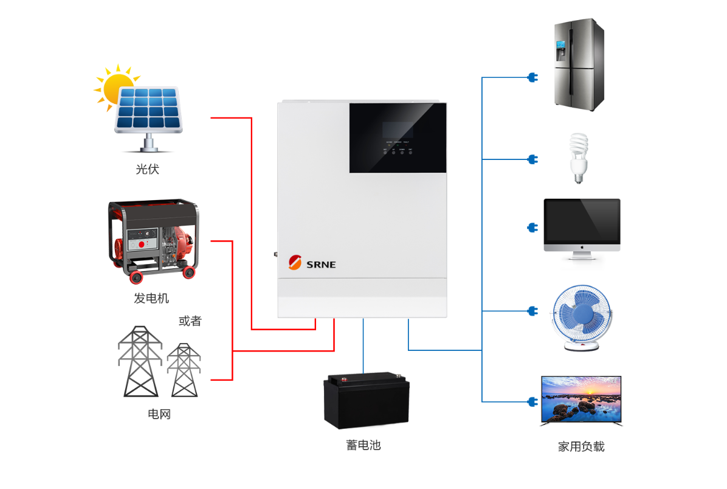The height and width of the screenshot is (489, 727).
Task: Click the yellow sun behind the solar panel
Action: click(113, 85)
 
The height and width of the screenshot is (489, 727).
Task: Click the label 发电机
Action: click(151, 299)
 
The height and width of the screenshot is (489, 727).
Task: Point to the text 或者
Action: click(190, 321)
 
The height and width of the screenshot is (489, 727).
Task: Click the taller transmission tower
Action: click(140, 361)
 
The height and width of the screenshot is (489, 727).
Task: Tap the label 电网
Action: click(159, 414)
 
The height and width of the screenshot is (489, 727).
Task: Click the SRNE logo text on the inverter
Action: click(320, 265)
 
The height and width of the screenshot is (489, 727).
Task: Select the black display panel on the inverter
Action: click(398, 138)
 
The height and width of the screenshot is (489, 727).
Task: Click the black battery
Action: click(366, 402)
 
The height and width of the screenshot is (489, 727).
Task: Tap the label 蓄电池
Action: click(363, 445)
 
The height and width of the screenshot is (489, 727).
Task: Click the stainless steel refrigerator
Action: click(579, 64)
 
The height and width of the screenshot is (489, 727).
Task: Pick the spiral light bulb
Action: click(578, 158)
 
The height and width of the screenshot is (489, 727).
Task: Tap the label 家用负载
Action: click(581, 447)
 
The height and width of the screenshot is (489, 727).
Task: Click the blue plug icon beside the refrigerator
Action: click(533, 78)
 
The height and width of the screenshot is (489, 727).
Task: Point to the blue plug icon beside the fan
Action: click(533, 311)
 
